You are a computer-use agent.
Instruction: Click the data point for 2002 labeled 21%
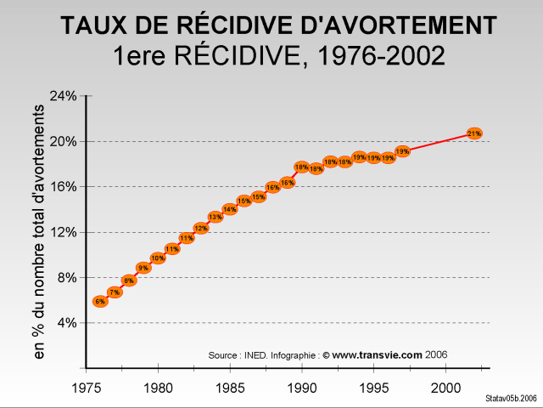(x=474, y=133)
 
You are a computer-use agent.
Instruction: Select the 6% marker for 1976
(x=100, y=301)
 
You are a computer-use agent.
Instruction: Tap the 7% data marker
(x=115, y=292)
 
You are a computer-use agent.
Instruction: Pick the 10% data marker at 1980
(x=158, y=258)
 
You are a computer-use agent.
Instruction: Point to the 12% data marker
(x=201, y=228)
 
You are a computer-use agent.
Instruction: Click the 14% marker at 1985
(x=229, y=209)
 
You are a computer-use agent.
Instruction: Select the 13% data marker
(x=216, y=217)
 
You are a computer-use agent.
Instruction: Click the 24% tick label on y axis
(x=65, y=96)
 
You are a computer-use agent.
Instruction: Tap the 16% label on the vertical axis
(x=65, y=187)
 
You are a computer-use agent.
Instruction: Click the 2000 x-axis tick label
(x=445, y=388)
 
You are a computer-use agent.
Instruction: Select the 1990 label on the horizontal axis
(x=302, y=388)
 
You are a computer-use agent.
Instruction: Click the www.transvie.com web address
(x=377, y=354)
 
